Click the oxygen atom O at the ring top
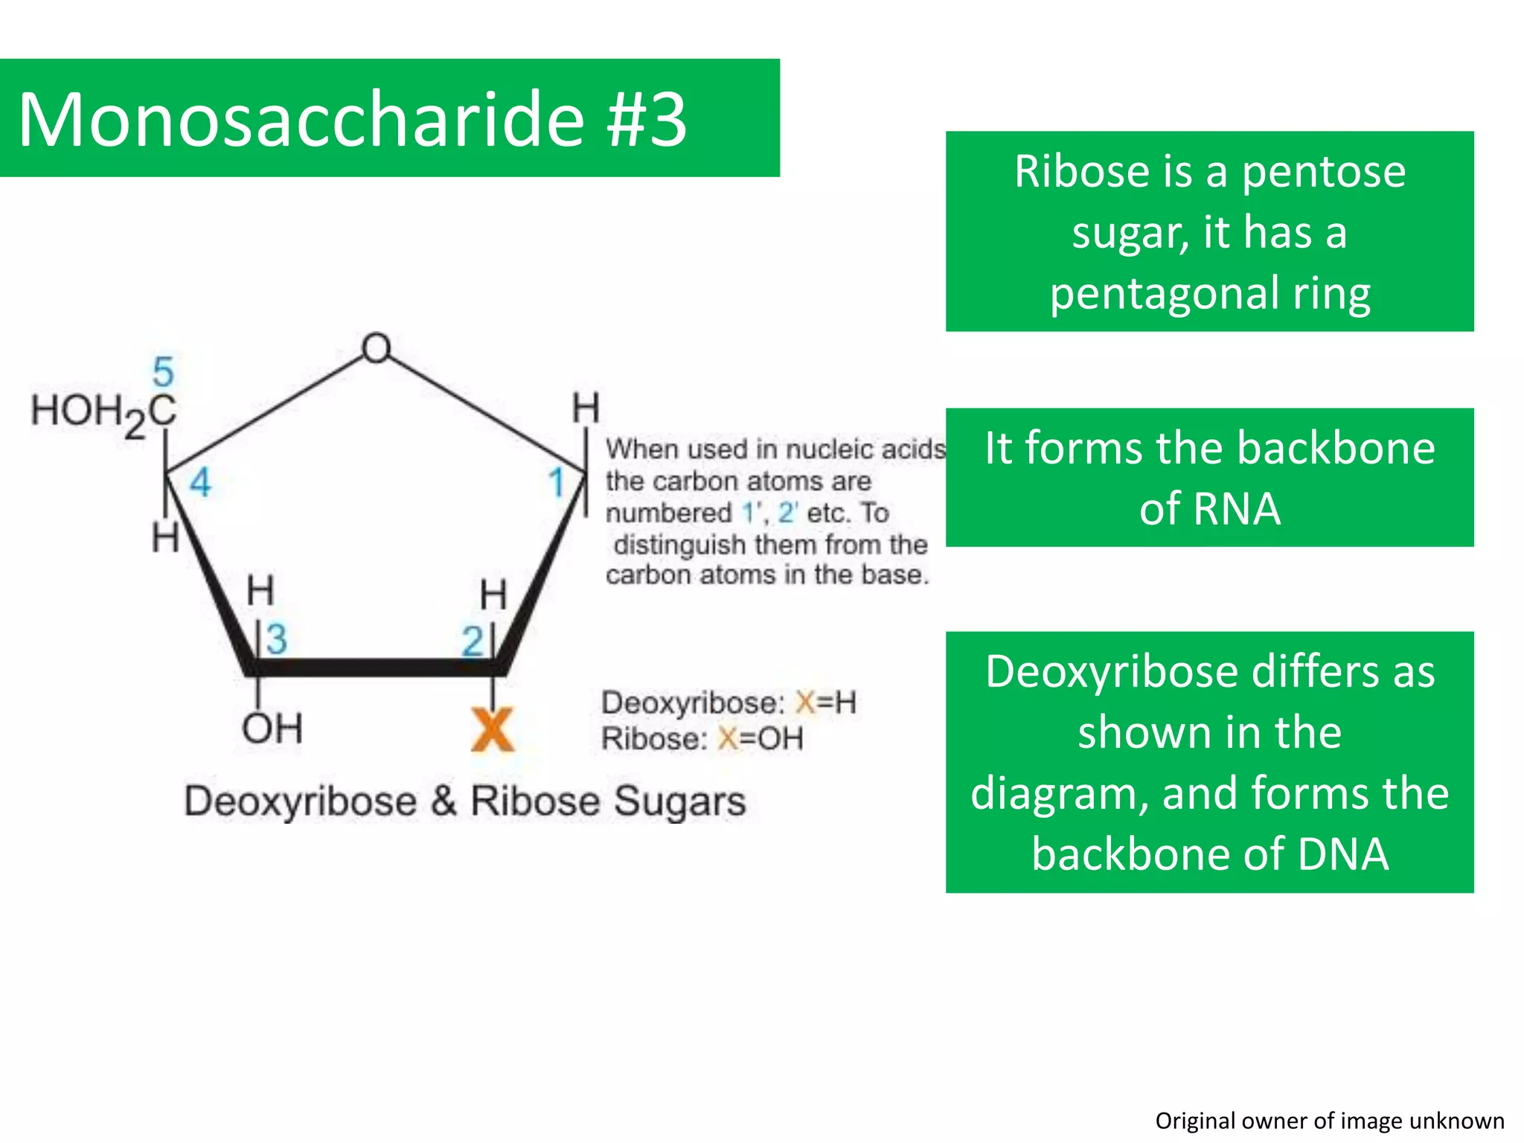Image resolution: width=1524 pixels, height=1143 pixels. click(376, 348)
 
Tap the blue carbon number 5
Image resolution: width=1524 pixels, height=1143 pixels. click(163, 371)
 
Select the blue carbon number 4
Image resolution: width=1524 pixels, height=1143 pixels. click(199, 483)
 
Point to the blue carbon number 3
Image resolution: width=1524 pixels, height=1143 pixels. click(276, 639)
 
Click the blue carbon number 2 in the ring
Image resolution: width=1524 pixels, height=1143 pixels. click(472, 641)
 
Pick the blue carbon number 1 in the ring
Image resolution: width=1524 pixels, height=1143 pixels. click(557, 483)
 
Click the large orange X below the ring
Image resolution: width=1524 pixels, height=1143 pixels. click(492, 730)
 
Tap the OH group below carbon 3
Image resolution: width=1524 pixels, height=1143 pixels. click(272, 729)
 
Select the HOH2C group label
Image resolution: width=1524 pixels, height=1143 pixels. click(103, 412)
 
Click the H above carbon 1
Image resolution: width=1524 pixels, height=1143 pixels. click(585, 409)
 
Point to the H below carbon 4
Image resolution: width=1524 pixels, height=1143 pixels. click(165, 537)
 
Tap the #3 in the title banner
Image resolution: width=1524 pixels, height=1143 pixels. click(647, 119)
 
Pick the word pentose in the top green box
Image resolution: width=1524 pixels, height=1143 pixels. click(1323, 172)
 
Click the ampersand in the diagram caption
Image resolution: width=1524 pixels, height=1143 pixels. click(444, 801)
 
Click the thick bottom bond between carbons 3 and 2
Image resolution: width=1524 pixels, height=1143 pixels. click(376, 667)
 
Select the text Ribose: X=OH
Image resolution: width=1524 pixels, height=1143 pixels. click(702, 739)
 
